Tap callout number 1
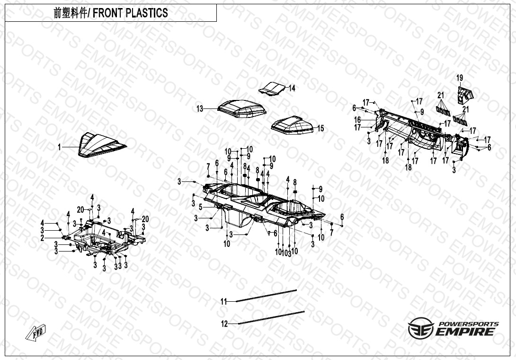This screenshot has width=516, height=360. [60, 147]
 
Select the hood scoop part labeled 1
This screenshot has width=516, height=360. [101, 145]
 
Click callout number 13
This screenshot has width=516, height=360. [200, 109]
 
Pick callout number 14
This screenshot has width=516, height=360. [292, 88]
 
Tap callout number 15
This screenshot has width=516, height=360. [320, 128]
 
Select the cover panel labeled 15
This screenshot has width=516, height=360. [294, 124]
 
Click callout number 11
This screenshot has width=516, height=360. [224, 301]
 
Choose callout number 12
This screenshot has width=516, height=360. [225, 324]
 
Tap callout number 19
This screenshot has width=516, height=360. [460, 78]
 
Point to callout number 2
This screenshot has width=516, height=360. [42, 238]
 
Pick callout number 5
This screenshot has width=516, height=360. [200, 207]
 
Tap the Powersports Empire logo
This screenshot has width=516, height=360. [453, 328]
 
